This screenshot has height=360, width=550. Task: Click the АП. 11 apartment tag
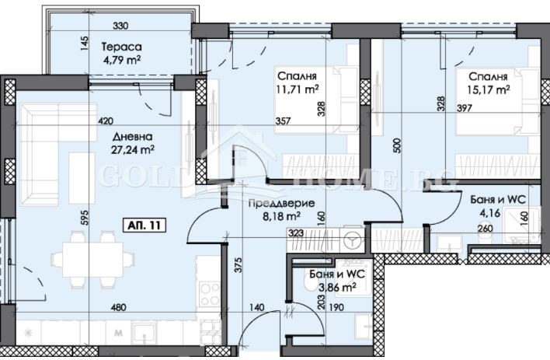(x=146, y=225)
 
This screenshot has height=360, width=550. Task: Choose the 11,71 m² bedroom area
(x=298, y=89)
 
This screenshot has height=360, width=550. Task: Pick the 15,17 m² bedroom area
(x=487, y=89)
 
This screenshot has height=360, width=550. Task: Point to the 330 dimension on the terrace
(x=120, y=25)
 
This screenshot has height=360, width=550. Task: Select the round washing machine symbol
(x=352, y=241)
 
